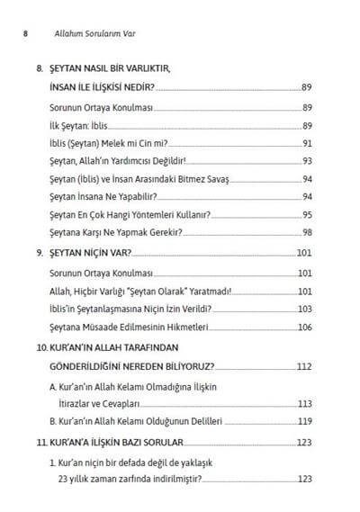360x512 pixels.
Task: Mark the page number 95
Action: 306,215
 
